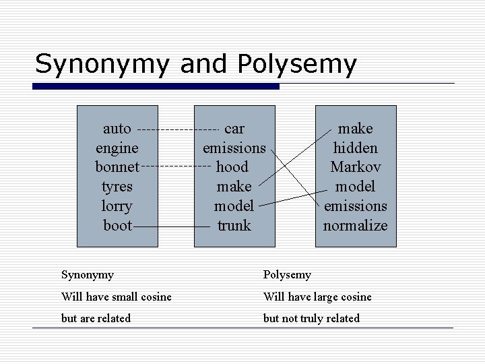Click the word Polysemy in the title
click(x=296, y=63)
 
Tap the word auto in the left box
click(x=117, y=127)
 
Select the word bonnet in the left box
click(x=117, y=166)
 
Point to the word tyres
click(x=117, y=186)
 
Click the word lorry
click(x=117, y=206)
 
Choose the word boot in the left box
click(x=117, y=225)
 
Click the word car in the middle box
click(x=234, y=127)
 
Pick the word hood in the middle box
click(x=232, y=166)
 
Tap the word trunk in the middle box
click(x=234, y=225)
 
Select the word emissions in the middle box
click(x=234, y=147)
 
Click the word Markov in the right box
click(x=355, y=166)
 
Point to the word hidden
click(x=355, y=147)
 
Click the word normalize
click(x=355, y=225)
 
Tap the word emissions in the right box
click(x=355, y=206)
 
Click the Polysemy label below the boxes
click(x=287, y=274)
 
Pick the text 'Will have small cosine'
click(x=116, y=297)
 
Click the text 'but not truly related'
click(x=311, y=318)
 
